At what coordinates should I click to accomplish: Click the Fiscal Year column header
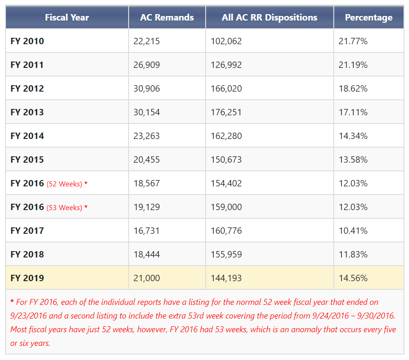67,17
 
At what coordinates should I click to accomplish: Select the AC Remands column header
167,17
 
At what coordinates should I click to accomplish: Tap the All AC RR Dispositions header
269,17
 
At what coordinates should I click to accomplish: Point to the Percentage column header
368,18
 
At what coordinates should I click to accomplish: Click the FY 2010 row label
27,41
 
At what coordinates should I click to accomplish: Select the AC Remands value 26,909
147,65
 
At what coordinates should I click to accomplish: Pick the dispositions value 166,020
226,88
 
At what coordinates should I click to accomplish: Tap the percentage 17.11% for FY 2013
353,113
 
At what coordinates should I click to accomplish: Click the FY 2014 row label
27,136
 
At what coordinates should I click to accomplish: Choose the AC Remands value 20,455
147,160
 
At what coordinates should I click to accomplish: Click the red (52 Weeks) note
64,184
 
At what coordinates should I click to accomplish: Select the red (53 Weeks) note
64,208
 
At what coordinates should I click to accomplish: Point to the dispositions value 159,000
226,207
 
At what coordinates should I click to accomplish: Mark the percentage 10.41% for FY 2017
353,231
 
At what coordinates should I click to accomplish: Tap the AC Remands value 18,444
147,255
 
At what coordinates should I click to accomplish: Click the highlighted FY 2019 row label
27,278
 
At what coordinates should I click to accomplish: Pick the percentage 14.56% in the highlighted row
353,278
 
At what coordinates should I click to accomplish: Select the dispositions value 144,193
226,278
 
